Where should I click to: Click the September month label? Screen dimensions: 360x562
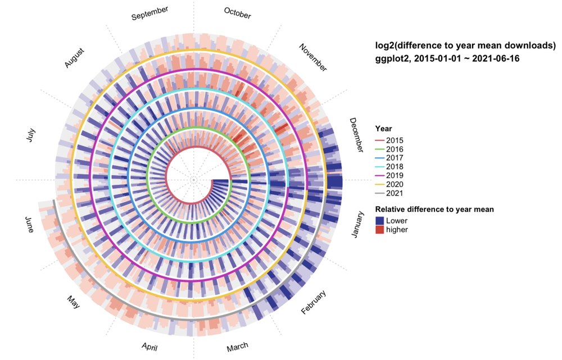[x=149, y=13]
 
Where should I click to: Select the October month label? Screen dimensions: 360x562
[x=237, y=13]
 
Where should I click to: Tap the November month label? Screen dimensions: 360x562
[x=312, y=57]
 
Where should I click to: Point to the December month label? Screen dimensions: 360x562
[x=356, y=135]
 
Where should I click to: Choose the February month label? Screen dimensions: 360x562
[x=314, y=303]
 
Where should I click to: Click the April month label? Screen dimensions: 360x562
[x=149, y=347]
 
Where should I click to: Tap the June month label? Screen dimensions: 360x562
[x=30, y=225]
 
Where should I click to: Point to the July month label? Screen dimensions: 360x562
[x=30, y=135]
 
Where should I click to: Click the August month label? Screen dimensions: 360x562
[x=74, y=58]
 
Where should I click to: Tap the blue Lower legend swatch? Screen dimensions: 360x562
[x=380, y=221]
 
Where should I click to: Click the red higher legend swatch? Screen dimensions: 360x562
[x=380, y=229]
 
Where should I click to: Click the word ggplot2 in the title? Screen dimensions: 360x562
[x=393, y=58]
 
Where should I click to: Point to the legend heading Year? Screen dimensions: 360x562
[x=384, y=129]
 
